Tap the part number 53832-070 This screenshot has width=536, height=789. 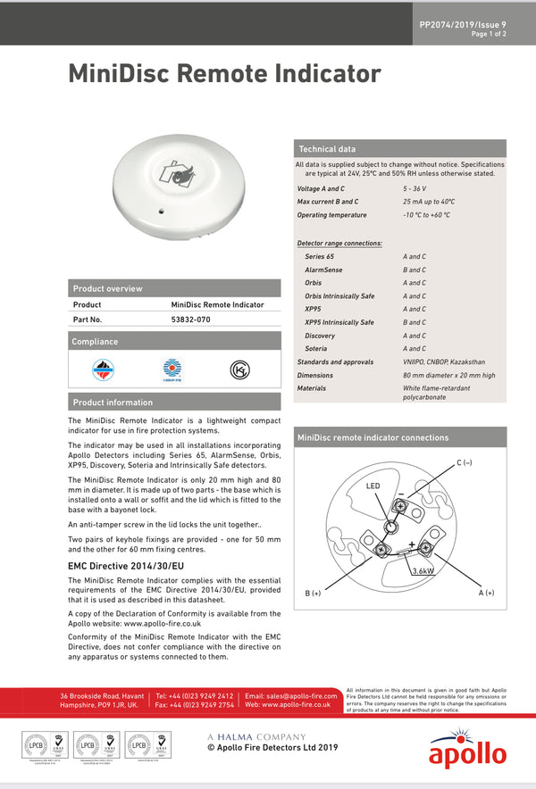pos(190,319)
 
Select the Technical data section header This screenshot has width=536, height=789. pos(327,149)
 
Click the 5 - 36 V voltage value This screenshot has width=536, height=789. pos(415,188)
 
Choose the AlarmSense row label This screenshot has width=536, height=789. pos(323,270)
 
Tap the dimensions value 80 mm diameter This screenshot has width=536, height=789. pos(448,375)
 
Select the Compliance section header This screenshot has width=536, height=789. pos(96,342)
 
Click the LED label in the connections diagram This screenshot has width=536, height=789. pos(373,486)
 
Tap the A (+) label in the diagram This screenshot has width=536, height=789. pos(486,593)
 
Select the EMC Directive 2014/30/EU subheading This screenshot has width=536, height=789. pos(126,566)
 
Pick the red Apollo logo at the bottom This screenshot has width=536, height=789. pos(467,750)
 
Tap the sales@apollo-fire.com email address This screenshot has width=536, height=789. pos(290,695)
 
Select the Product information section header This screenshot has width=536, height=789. pos(113,402)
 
